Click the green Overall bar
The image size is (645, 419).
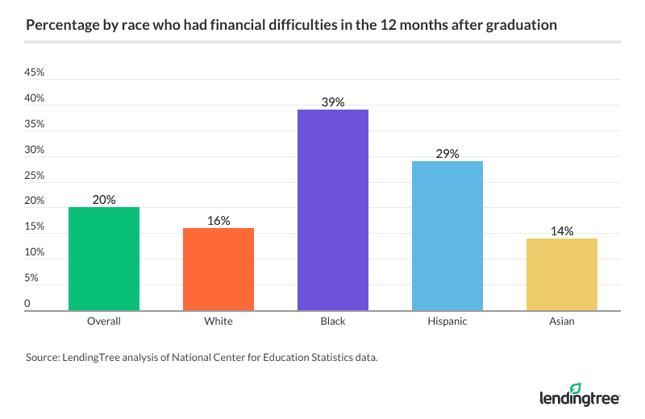point(104,259)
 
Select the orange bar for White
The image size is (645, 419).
point(218,269)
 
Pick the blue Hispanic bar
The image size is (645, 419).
point(447,235)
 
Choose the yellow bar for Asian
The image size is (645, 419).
point(562,274)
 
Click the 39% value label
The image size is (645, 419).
point(333,102)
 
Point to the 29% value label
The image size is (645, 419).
point(447,154)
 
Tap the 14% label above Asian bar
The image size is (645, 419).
point(562,231)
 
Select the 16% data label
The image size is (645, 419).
point(218,221)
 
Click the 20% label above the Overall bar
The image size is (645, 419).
point(104,200)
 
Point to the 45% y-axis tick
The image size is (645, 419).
point(35,73)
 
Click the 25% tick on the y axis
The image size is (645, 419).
point(35,176)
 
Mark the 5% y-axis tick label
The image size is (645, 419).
point(31,279)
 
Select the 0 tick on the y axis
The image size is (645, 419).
point(27,305)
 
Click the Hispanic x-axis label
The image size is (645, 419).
point(447,322)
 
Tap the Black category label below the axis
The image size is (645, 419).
point(333,322)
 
